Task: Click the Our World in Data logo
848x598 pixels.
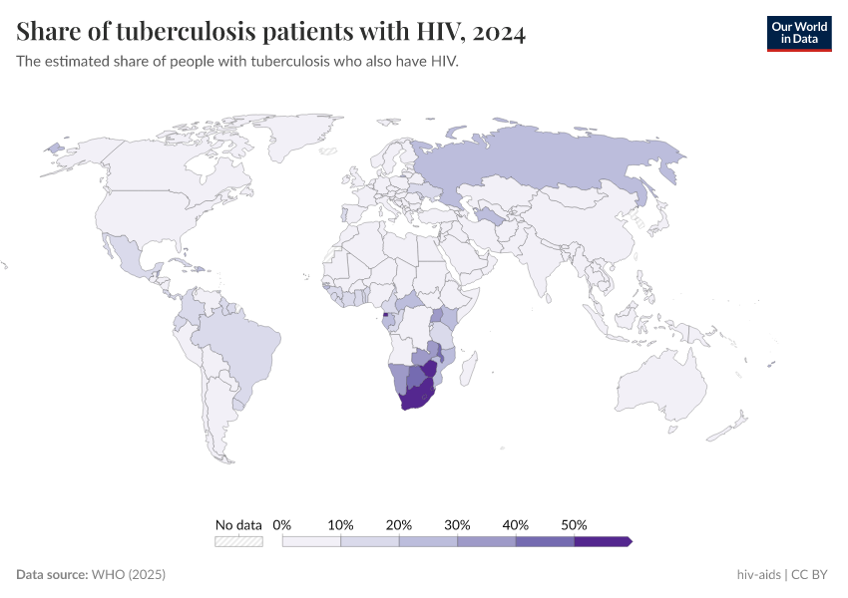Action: click(798, 33)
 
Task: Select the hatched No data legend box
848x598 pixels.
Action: click(238, 541)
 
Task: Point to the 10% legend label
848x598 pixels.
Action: click(341, 524)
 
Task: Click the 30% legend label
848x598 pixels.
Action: click(458, 524)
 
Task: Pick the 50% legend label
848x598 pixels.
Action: click(574, 524)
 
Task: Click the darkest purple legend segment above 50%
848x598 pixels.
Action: click(602, 541)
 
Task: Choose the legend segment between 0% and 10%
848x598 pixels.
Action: click(311, 541)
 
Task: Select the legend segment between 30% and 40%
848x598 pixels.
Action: click(487, 541)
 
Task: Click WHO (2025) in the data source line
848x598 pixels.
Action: click(128, 575)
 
